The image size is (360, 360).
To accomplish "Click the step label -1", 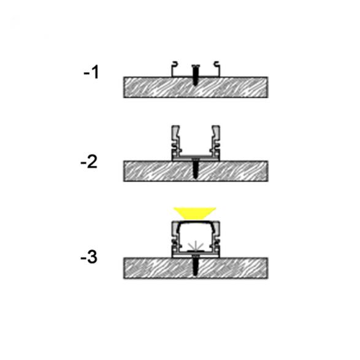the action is pyautogui.click(x=91, y=72).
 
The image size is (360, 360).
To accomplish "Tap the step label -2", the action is pyautogui.click(x=89, y=162).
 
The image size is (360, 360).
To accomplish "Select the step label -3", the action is pyautogui.click(x=89, y=257).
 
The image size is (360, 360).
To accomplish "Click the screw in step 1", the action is pyautogui.click(x=196, y=75).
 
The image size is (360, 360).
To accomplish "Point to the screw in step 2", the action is pyautogui.click(x=196, y=168).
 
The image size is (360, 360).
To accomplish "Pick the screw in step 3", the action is pyautogui.click(x=196, y=265).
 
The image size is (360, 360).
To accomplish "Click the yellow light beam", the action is pyautogui.click(x=194, y=213).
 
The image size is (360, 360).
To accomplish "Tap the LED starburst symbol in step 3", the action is pyautogui.click(x=194, y=246).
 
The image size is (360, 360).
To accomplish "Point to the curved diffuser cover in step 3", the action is pyautogui.click(x=196, y=221).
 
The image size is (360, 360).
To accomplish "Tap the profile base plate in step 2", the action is pyautogui.click(x=196, y=158).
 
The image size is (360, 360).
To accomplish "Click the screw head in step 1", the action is pyautogui.click(x=196, y=66).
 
